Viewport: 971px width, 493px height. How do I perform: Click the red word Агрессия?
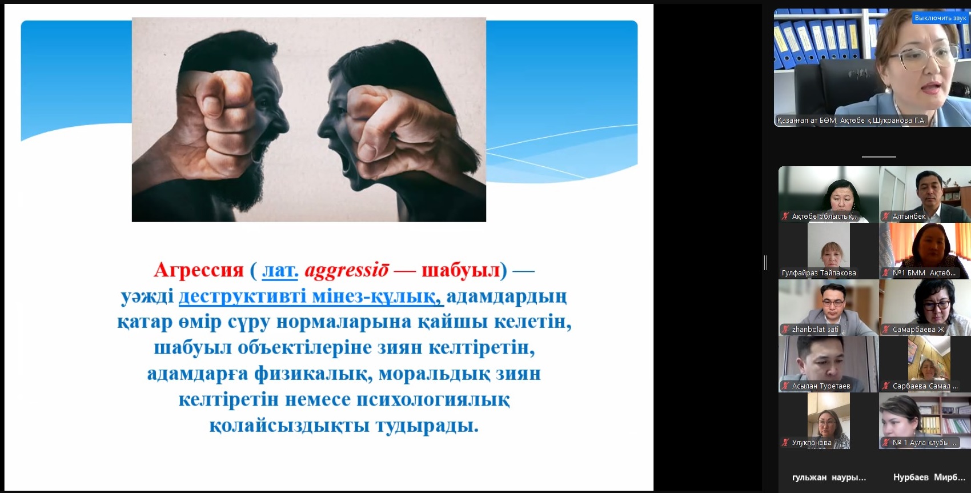(x=199, y=270)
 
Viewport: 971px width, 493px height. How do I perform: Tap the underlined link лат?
(x=280, y=271)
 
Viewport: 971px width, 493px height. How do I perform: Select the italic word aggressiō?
(x=347, y=271)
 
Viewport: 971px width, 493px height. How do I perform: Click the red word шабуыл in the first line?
(x=461, y=270)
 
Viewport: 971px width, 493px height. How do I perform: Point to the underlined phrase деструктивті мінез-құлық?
(x=311, y=296)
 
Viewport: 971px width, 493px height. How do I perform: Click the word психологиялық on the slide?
(x=433, y=399)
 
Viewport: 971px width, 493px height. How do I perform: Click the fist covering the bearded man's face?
(x=216, y=123)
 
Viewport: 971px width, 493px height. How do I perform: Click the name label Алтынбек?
(x=909, y=217)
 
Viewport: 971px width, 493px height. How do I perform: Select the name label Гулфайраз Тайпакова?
(x=819, y=272)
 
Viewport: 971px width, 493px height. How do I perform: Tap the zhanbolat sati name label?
(x=815, y=330)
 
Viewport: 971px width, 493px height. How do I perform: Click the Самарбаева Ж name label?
(x=918, y=330)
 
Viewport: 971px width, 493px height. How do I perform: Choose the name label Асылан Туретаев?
(x=821, y=386)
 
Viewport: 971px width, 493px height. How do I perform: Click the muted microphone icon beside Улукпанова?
(x=785, y=442)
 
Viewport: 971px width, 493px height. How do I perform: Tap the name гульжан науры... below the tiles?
(x=829, y=478)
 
